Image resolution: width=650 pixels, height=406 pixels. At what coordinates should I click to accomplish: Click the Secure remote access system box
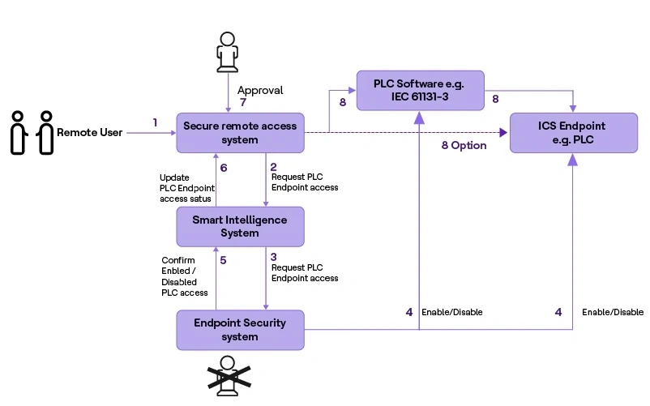click(x=240, y=132)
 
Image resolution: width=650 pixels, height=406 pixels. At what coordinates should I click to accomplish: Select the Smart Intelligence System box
click(x=240, y=226)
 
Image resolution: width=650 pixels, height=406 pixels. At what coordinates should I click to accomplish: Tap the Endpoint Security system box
click(x=240, y=329)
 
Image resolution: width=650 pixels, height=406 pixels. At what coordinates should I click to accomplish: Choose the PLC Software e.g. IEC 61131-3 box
click(x=420, y=90)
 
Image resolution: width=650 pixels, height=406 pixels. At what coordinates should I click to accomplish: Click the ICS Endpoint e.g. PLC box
click(x=572, y=133)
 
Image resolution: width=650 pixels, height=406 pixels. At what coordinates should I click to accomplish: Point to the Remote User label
click(x=89, y=132)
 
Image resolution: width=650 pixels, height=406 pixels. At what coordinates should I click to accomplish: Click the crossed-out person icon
click(x=228, y=375)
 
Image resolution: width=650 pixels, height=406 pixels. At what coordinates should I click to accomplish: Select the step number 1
click(x=155, y=122)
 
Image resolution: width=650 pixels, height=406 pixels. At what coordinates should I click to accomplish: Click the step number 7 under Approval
click(x=242, y=103)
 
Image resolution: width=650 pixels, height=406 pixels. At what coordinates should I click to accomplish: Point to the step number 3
click(x=274, y=256)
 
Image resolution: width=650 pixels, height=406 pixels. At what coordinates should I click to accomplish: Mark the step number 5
click(x=223, y=259)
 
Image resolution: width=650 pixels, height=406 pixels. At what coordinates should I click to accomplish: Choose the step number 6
click(x=223, y=166)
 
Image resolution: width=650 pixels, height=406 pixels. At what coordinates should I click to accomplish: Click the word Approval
click(x=260, y=91)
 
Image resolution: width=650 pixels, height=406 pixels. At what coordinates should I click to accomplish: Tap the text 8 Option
click(x=464, y=146)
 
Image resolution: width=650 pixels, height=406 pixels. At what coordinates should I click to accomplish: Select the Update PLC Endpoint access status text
click(x=186, y=187)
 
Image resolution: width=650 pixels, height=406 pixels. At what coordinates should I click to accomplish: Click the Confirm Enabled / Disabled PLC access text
click(x=185, y=276)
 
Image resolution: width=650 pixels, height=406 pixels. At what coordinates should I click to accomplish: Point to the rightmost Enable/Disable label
click(x=613, y=312)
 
